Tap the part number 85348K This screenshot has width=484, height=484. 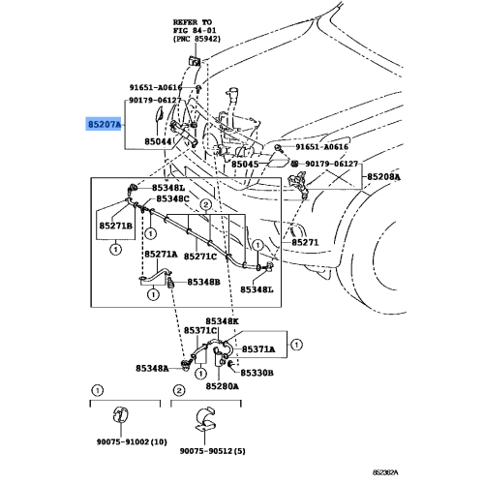(223, 320)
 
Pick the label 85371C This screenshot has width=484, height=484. (222, 331)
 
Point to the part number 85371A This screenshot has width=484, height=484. (258, 348)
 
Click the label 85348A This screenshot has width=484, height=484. (153, 369)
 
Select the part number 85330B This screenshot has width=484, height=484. (257, 372)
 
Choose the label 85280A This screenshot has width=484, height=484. (223, 385)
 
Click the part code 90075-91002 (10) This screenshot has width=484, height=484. (131, 440)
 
